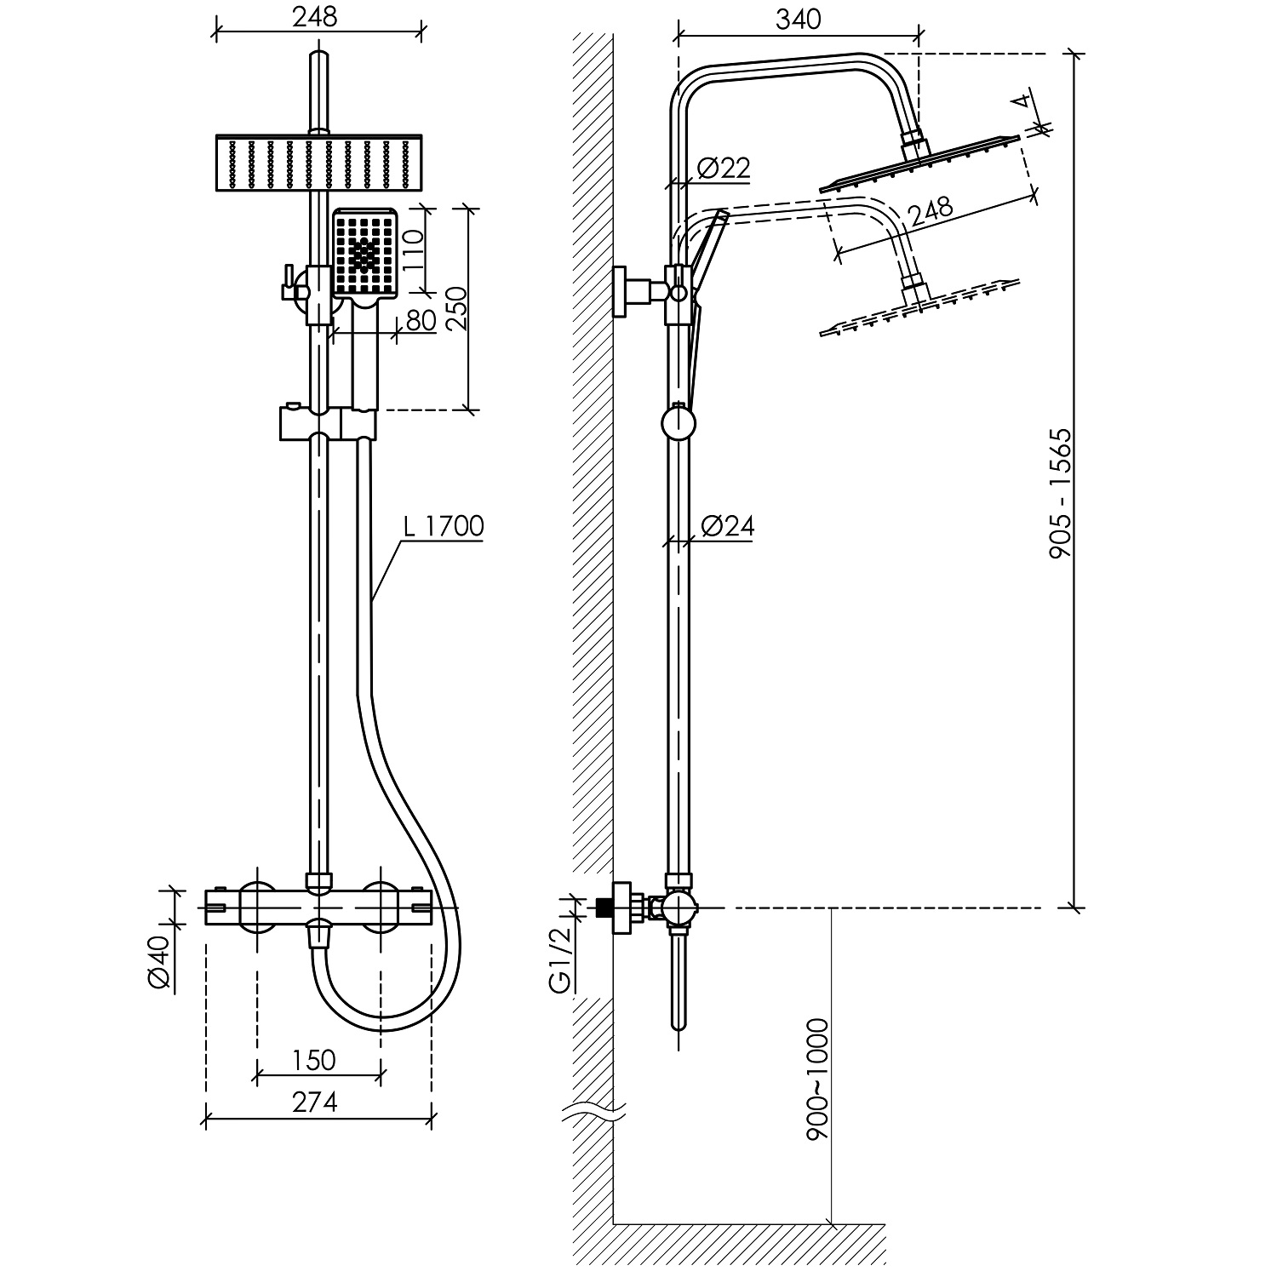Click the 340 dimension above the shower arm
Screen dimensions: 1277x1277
(x=799, y=19)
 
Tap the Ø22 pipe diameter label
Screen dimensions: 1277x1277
(x=723, y=169)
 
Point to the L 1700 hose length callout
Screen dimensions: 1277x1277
(x=444, y=526)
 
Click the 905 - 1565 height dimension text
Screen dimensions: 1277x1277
(x=1059, y=494)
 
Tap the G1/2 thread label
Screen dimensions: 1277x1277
(x=559, y=959)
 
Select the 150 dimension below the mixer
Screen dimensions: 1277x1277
(x=314, y=1060)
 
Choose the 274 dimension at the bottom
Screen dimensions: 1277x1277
(x=315, y=1102)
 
